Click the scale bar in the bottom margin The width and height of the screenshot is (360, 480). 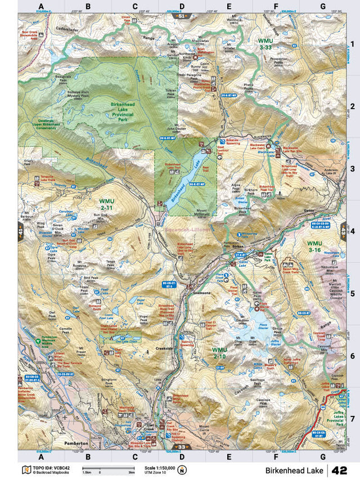[x=100, y=468]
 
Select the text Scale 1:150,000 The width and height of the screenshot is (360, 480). [x=159, y=467]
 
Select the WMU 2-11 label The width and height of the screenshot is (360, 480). [x=106, y=204]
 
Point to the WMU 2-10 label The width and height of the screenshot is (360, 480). [x=219, y=353]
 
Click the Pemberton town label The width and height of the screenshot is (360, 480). [x=78, y=443]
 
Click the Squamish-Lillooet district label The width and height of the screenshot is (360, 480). [x=187, y=230]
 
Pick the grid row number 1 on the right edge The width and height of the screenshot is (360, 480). [x=351, y=44]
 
